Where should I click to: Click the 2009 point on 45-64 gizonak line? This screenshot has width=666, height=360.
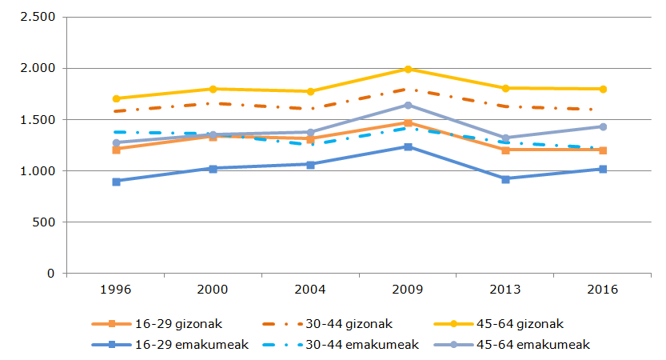408,70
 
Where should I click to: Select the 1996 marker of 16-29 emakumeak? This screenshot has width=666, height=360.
116,182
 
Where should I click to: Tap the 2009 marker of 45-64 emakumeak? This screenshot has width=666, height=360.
408,105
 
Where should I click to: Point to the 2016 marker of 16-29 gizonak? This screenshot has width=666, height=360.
603,150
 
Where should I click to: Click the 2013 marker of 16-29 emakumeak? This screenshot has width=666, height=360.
505,179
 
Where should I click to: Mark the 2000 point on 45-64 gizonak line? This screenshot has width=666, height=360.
213,89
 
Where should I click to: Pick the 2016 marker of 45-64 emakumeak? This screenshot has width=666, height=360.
603,126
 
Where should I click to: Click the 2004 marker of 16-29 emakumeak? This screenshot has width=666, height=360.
310,164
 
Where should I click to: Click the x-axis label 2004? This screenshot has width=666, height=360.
310,290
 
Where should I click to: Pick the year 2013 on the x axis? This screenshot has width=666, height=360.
505,290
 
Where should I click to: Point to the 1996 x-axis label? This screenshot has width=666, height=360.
116,290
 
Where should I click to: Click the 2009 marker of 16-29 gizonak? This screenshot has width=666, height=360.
408,123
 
